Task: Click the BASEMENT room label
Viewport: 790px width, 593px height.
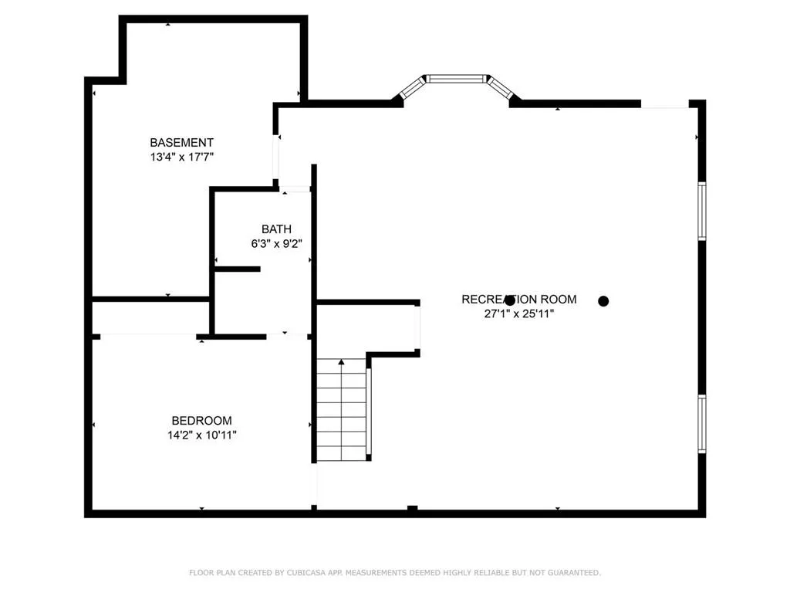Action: pyautogui.click(x=181, y=143)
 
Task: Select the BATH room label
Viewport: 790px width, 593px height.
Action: pyautogui.click(x=276, y=229)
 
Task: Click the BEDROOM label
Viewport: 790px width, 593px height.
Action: pyautogui.click(x=201, y=421)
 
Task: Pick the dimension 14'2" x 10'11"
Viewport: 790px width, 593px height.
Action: pyautogui.click(x=201, y=435)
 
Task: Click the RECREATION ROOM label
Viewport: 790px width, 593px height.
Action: pyautogui.click(x=518, y=300)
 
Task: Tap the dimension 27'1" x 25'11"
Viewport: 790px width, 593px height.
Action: pyautogui.click(x=518, y=314)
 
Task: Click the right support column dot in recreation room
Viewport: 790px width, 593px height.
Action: pyautogui.click(x=603, y=301)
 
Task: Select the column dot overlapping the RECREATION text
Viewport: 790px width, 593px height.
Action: pyautogui.click(x=509, y=300)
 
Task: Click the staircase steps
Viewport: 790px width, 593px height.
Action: pyautogui.click(x=340, y=413)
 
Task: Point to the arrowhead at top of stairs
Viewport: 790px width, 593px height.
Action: pyautogui.click(x=341, y=361)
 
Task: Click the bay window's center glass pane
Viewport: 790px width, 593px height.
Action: pyautogui.click(x=457, y=78)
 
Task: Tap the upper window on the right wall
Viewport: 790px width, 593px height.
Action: pyautogui.click(x=702, y=210)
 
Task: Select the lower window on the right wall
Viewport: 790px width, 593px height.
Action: pyautogui.click(x=702, y=424)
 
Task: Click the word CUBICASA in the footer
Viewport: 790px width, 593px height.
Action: pyautogui.click(x=303, y=573)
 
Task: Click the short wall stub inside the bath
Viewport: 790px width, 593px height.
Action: pyautogui.click(x=237, y=269)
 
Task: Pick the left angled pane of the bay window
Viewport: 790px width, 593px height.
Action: pyautogui.click(x=412, y=87)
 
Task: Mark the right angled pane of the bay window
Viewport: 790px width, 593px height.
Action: pyautogui.click(x=501, y=87)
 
